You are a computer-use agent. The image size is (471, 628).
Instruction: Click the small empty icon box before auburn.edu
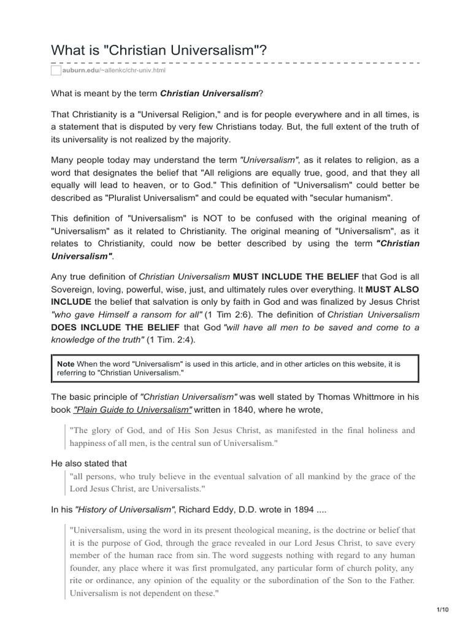click(56, 71)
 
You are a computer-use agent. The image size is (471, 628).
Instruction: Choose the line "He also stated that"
click(89, 464)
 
